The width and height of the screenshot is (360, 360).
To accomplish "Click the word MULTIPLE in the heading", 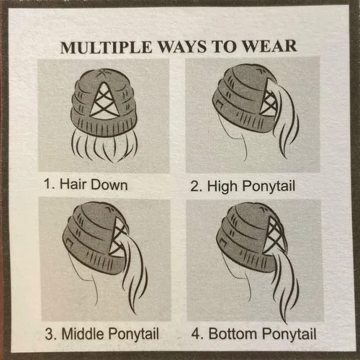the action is click(x=107, y=48).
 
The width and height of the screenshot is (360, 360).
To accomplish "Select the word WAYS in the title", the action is click(x=182, y=47).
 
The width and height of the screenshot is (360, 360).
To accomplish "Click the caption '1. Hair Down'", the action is click(x=86, y=184).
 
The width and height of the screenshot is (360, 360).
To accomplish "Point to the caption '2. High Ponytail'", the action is click(x=243, y=186).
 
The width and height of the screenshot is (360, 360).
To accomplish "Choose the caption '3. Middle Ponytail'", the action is click(x=102, y=334).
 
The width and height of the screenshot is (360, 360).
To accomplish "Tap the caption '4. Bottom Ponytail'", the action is click(x=253, y=334).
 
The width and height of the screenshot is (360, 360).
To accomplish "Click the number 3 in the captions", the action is click(x=49, y=334).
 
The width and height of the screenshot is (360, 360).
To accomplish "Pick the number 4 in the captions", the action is click(x=196, y=334).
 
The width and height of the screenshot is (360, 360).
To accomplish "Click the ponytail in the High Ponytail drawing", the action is click(x=284, y=115).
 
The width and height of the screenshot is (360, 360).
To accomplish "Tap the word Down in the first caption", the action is click(x=109, y=184).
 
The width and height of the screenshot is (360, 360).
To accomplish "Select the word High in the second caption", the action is click(x=222, y=186).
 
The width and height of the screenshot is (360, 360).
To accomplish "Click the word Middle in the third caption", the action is click(x=84, y=333).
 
